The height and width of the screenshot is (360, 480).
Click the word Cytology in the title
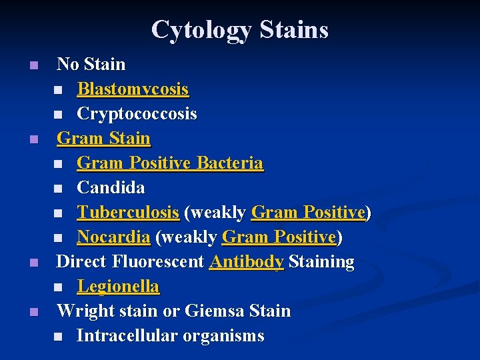point(201,30)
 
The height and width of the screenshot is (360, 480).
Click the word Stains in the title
point(293,30)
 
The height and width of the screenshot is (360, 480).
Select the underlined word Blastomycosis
point(133,89)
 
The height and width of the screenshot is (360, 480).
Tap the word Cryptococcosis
point(137,113)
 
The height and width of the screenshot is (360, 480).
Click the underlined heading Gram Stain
point(103,138)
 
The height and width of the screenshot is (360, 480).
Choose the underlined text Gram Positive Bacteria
point(170,163)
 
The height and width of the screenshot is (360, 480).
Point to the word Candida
point(111,187)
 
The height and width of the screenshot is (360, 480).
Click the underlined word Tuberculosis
point(128,212)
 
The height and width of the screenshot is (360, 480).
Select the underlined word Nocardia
point(113,237)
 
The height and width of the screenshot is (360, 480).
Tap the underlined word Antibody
point(246,261)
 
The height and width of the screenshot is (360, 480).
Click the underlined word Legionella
point(118,286)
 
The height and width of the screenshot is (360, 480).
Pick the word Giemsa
point(214,311)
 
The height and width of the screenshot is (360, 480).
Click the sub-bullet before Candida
point(59,189)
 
